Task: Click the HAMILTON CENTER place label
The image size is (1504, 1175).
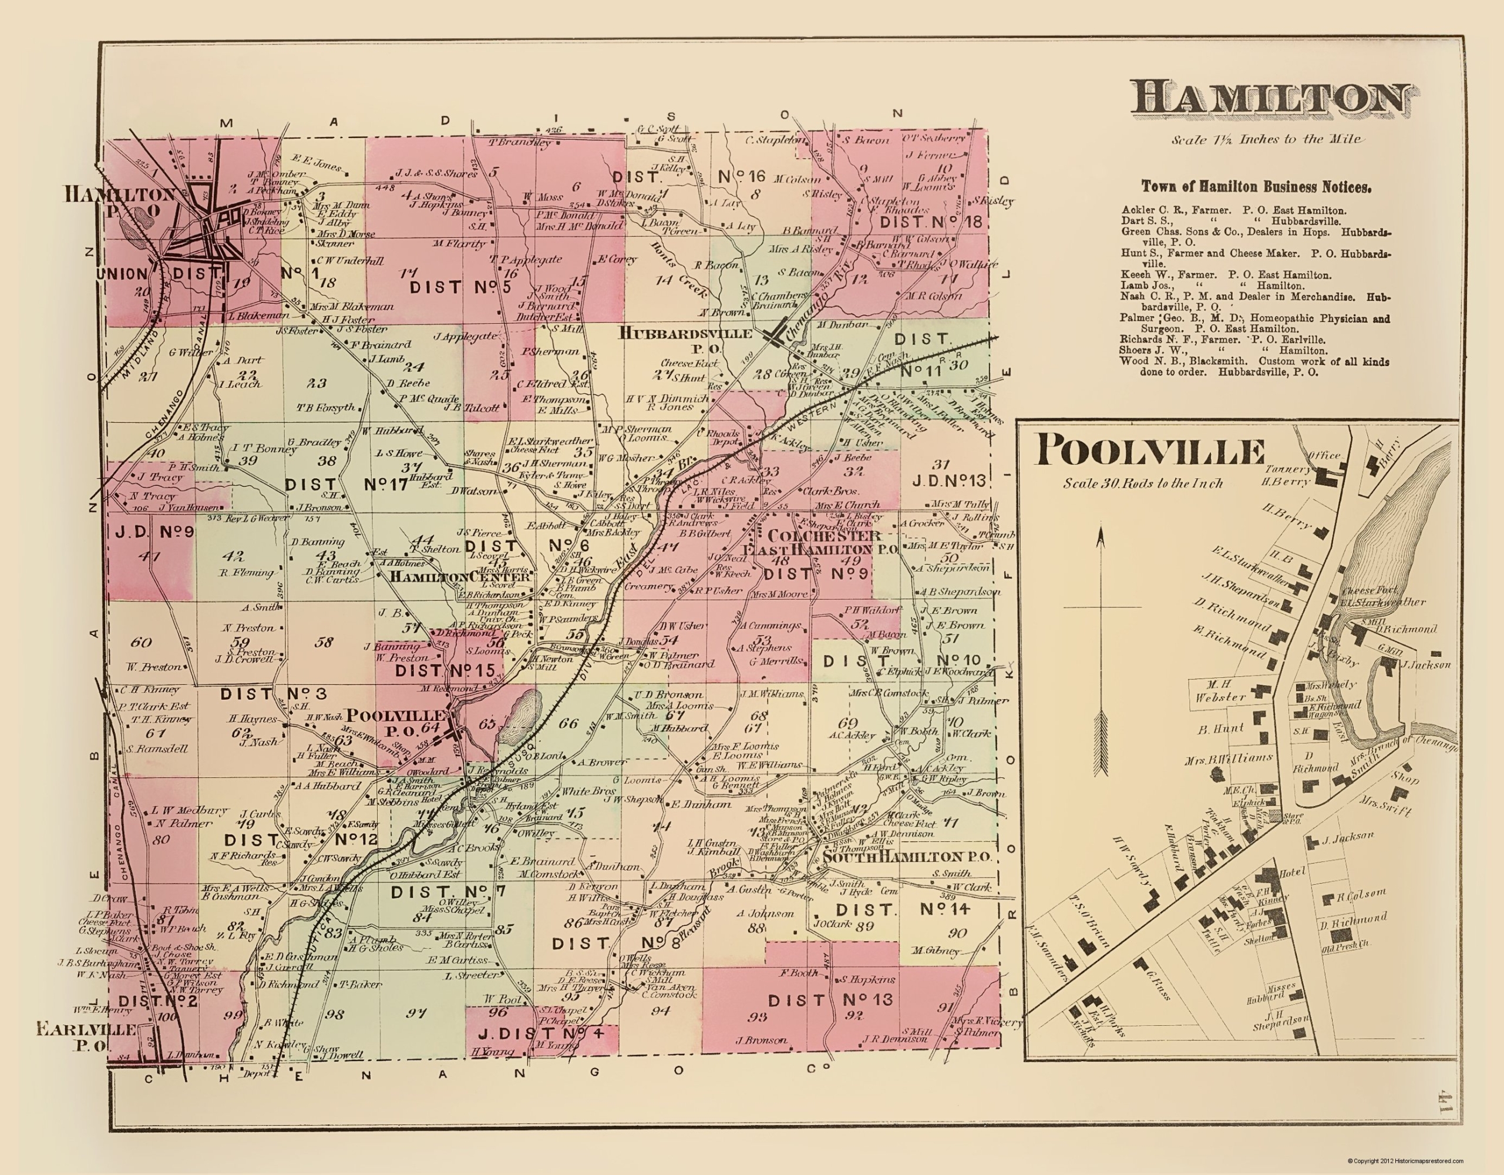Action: tap(460, 577)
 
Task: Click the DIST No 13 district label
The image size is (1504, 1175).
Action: tap(830, 999)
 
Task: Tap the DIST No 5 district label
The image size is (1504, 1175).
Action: tap(460, 287)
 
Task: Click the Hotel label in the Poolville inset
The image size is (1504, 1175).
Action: tap(1292, 872)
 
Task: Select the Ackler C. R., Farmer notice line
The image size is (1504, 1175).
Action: tap(1233, 210)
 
